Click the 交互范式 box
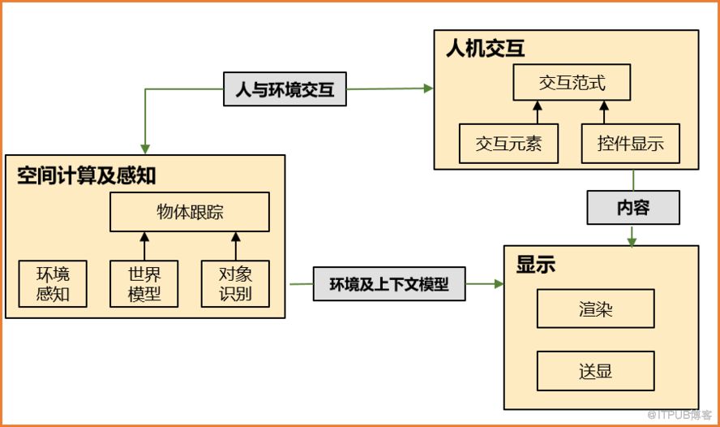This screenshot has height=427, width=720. click(x=572, y=82)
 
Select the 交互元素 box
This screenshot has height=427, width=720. click(x=508, y=144)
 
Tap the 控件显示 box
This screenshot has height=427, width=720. click(x=631, y=144)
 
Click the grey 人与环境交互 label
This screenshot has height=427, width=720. click(x=285, y=89)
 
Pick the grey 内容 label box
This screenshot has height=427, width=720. click(x=633, y=208)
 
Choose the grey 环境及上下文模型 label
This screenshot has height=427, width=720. click(x=389, y=284)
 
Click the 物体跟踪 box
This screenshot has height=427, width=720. click(x=190, y=212)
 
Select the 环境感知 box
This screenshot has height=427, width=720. click(x=53, y=283)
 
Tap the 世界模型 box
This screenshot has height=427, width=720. click(x=144, y=283)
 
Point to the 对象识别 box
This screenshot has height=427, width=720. click(x=236, y=283)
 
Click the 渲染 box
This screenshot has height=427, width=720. click(x=596, y=308)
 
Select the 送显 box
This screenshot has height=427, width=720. click(x=596, y=371)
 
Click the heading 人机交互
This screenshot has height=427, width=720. click(x=486, y=48)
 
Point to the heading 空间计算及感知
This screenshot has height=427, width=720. click(x=86, y=175)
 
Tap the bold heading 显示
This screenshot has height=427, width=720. click(x=535, y=265)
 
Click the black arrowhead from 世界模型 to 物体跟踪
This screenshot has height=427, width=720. click(x=144, y=237)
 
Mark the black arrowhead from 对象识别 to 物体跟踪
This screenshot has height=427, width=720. click(x=236, y=237)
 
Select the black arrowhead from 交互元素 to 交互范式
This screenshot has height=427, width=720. click(x=538, y=106)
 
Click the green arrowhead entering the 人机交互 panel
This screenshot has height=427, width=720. click(x=428, y=88)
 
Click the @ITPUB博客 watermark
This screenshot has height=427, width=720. click(x=679, y=415)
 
